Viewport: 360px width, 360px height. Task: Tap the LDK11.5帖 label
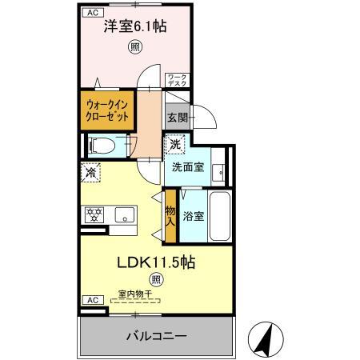[158, 262]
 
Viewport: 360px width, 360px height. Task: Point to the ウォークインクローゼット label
[106, 109]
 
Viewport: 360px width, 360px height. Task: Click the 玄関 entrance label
[177, 117]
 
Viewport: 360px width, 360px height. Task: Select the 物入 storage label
[170, 216]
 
